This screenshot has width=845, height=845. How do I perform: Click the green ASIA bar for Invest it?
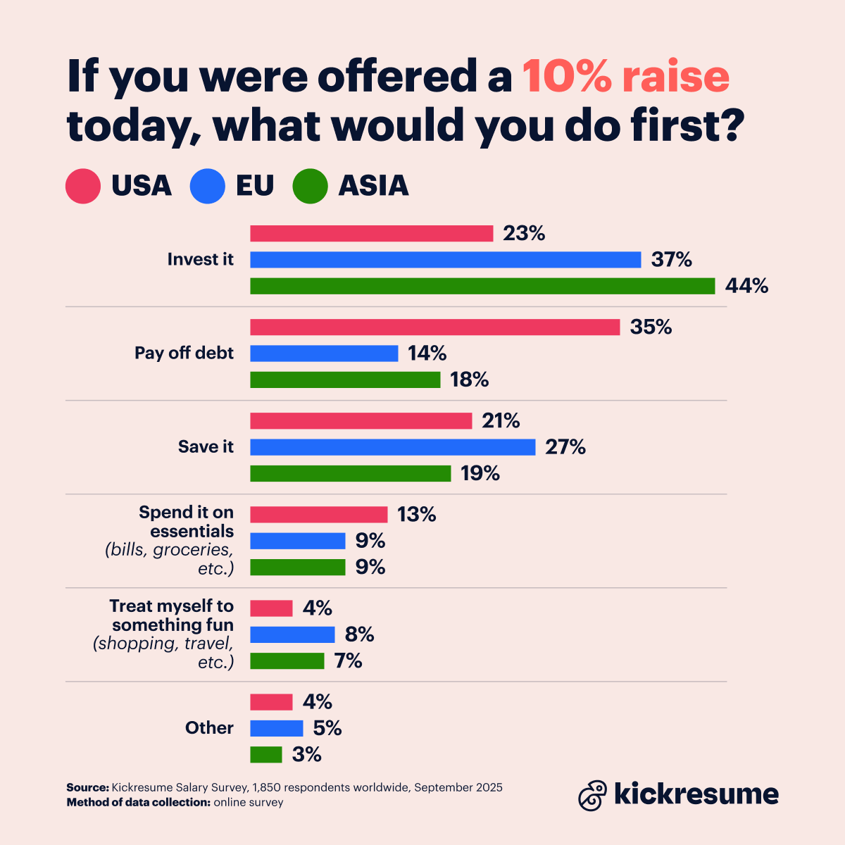pyautogui.click(x=482, y=286)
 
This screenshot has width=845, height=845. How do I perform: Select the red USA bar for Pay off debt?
pyautogui.click(x=434, y=327)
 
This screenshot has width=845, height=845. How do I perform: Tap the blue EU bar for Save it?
pyautogui.click(x=392, y=447)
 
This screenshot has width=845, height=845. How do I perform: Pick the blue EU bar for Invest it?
pyautogui.click(x=445, y=260)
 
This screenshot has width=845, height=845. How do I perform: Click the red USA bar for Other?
pyautogui.click(x=271, y=702)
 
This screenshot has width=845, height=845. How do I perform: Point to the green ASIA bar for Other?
pyautogui.click(x=266, y=755)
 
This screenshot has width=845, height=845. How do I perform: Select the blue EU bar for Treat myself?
pyautogui.click(x=292, y=635)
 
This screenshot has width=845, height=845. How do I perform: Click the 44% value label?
pyautogui.click(x=746, y=286)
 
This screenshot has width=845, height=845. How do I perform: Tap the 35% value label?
pyautogui.click(x=651, y=327)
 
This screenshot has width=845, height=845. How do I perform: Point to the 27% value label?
pyautogui.click(x=565, y=447)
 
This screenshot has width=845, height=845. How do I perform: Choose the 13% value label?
pyautogui.click(x=417, y=515)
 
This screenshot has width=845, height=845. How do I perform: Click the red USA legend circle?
pyautogui.click(x=83, y=186)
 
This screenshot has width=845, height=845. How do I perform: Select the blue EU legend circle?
pyautogui.click(x=208, y=186)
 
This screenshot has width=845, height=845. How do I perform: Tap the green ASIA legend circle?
pyautogui.click(x=311, y=186)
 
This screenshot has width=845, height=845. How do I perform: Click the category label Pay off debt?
pyautogui.click(x=184, y=353)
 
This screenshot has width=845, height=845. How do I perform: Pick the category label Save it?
pyautogui.click(x=206, y=447)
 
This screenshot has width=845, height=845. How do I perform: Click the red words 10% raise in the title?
pyautogui.click(x=625, y=76)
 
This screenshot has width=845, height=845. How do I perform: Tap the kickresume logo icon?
pyautogui.click(x=592, y=796)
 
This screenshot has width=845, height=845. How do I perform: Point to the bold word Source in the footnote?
pyautogui.click(x=87, y=787)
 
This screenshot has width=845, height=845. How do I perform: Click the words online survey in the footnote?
pyautogui.click(x=249, y=803)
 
